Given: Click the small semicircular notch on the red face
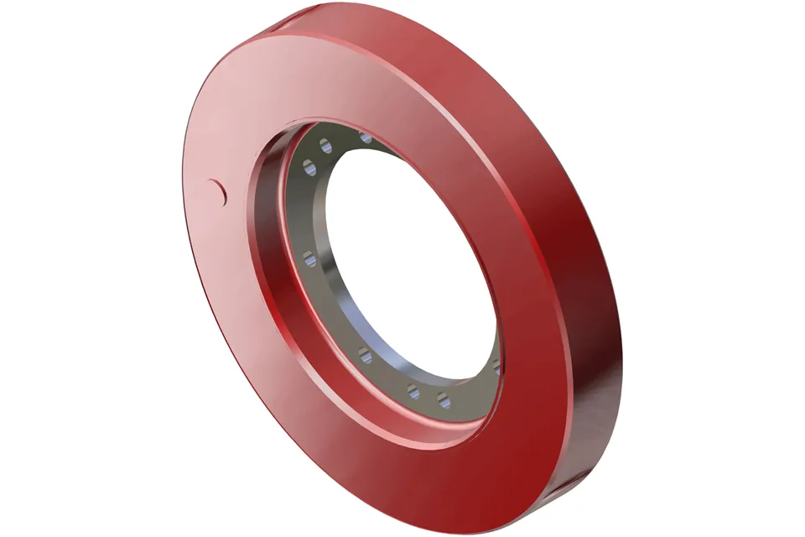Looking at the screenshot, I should pos(220,192).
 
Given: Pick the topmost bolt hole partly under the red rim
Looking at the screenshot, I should pos(366,137).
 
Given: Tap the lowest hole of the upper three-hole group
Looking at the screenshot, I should pos(309,170).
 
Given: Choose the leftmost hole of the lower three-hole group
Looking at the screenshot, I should pos(366,357).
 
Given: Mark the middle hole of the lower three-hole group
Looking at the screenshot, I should pos(413,390).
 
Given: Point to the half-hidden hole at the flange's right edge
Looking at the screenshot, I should pos(497,367).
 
